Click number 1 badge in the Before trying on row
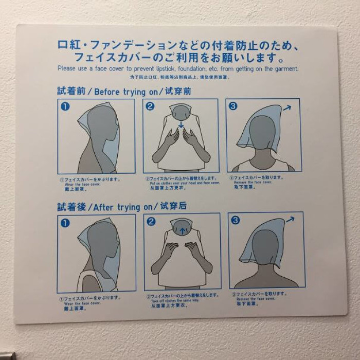[x=65, y=107]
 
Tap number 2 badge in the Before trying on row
[x=150, y=106]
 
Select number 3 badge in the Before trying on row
[x=233, y=106]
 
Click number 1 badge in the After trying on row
[x=65, y=223]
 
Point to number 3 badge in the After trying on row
[x=235, y=220]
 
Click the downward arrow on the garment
[x=181, y=125]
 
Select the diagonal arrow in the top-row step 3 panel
[x=286, y=107]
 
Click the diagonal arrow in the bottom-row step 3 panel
[x=290, y=220]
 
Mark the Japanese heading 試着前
[x=69, y=92]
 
